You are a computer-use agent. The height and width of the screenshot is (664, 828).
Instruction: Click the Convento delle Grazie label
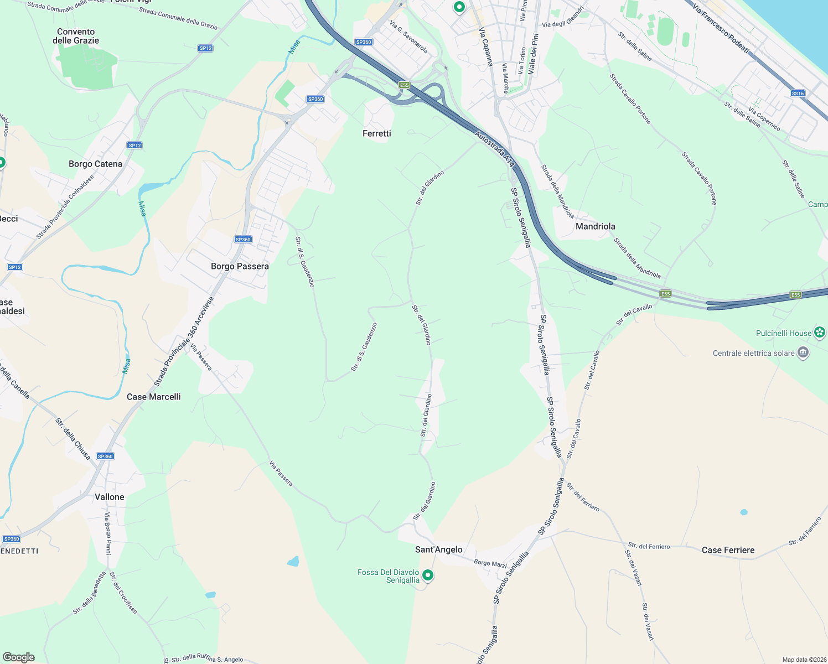pyautogui.click(x=76, y=36)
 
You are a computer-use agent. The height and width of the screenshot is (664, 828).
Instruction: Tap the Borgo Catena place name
pyautogui.click(x=95, y=164)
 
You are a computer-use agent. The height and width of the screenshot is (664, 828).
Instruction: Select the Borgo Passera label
pyautogui.click(x=240, y=266)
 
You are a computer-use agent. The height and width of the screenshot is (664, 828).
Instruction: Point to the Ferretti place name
pyautogui.click(x=376, y=133)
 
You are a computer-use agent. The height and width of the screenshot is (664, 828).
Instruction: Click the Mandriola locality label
pyautogui.click(x=595, y=226)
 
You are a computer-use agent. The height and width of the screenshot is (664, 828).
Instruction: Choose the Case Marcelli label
pyautogui.click(x=153, y=397)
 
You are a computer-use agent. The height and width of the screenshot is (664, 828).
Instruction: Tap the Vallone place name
pyautogui.click(x=109, y=497)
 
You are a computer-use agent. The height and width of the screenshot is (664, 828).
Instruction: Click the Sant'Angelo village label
pyautogui.click(x=438, y=549)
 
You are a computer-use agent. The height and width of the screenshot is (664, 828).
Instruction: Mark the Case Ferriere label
pyautogui.click(x=728, y=550)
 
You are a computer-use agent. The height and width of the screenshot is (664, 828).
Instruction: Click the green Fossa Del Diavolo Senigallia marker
pyautogui.click(x=428, y=575)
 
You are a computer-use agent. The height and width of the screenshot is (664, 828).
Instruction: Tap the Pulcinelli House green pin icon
pyautogui.click(x=820, y=333)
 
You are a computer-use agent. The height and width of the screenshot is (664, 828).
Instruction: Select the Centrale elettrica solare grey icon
pyautogui.click(x=803, y=352)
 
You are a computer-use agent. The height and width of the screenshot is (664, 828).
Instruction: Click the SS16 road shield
pyautogui.click(x=798, y=94)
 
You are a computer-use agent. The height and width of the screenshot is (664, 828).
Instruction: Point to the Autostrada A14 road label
pyautogui.click(x=495, y=149)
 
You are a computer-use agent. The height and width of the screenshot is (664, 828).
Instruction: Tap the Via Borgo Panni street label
pyautogui.click(x=108, y=533)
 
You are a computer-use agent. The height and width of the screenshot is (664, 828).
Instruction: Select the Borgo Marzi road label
pyautogui.click(x=490, y=563)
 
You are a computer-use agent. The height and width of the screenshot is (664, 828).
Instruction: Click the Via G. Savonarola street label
pyautogui.click(x=408, y=37)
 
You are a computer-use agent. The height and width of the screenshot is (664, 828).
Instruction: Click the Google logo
pyautogui.click(x=19, y=657)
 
